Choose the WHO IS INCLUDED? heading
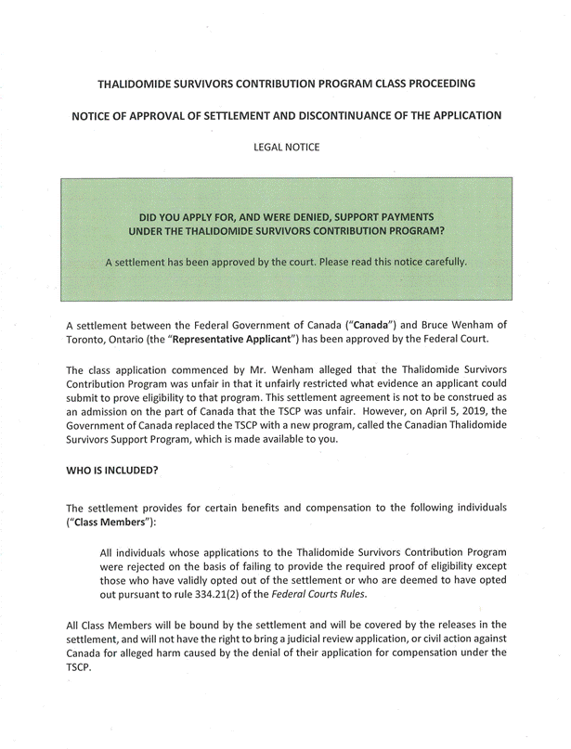(x=111, y=470)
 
